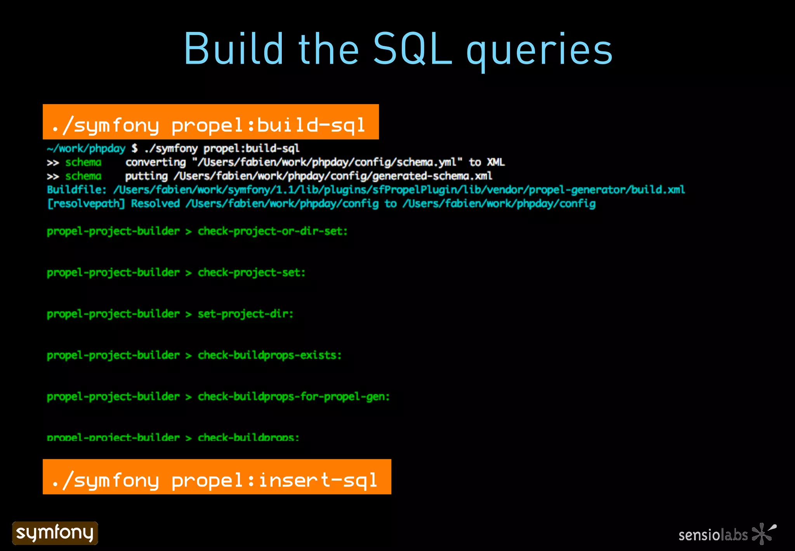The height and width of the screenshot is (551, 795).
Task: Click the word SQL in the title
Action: point(413,49)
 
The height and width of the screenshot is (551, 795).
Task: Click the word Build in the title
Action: point(233,49)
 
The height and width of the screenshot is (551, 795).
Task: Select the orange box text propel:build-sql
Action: point(268,125)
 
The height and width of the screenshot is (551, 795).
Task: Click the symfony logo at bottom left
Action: point(55,533)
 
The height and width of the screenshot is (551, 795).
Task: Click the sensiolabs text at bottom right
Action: point(713,535)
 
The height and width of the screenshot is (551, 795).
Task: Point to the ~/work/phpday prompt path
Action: point(86,148)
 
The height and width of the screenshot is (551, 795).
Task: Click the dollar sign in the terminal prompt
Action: point(134,148)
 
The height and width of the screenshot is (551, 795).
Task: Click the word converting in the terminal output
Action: point(156,162)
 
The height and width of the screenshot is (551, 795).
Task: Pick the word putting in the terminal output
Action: point(146,176)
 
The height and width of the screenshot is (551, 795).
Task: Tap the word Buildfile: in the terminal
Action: point(76,190)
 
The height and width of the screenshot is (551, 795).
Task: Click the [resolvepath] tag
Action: point(86,204)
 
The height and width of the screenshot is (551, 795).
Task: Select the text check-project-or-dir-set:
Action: point(273,232)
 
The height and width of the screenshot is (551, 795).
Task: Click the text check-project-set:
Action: point(252,273)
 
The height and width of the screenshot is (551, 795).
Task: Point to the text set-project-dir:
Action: point(245,314)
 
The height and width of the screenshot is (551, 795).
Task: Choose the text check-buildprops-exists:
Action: point(269,356)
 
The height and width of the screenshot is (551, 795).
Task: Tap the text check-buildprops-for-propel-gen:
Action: point(293,397)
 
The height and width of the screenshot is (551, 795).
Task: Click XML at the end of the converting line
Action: point(495,162)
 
